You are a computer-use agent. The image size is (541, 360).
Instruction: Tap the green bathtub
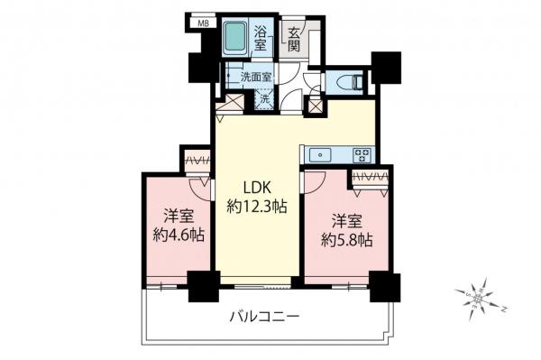pyautogui.click(x=235, y=39)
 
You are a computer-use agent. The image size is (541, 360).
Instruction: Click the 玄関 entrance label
pyautogui.click(x=295, y=40)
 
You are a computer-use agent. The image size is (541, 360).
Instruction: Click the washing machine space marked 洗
pyautogui.click(x=264, y=99)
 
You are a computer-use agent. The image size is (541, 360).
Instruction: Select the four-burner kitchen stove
pyautogui.click(x=362, y=154)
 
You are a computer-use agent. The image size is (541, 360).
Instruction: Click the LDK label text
pyautogui.click(x=256, y=189)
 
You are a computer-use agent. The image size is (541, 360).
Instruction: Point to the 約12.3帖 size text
pyautogui.click(x=256, y=207)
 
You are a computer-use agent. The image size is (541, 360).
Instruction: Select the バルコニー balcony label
pyautogui.click(x=264, y=317)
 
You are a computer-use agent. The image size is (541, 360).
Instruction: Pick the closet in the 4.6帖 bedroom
pyautogui.click(x=197, y=162)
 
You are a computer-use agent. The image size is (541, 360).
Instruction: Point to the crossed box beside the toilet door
pyautogui.click(x=317, y=105)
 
